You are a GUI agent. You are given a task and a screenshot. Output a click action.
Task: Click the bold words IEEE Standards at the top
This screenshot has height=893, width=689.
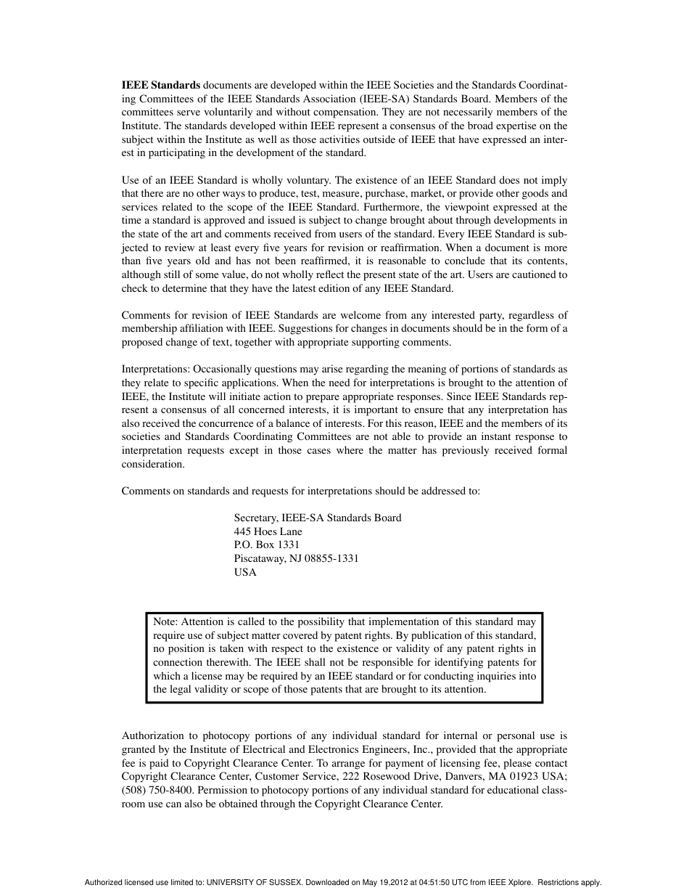pyautogui.click(x=161, y=85)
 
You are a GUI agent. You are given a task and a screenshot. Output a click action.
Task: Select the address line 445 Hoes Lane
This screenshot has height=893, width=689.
pyautogui.click(x=268, y=531)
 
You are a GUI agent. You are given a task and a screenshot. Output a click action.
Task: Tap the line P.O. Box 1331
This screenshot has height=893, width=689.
pyautogui.click(x=266, y=545)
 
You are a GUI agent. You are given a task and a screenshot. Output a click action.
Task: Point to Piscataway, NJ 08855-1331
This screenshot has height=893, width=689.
pyautogui.click(x=296, y=559)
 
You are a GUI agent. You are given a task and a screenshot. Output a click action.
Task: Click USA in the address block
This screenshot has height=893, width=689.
pyautogui.click(x=245, y=572)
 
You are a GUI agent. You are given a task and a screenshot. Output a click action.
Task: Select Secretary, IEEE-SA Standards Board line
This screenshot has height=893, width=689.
pyautogui.click(x=317, y=518)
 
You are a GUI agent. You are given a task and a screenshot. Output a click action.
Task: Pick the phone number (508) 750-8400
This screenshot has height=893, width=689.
pyautogui.click(x=157, y=791)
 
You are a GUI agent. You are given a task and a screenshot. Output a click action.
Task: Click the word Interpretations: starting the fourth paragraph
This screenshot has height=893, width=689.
pyautogui.click(x=156, y=369)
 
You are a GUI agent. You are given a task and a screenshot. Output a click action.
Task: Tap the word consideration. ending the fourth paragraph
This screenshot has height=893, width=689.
pyautogui.click(x=153, y=465)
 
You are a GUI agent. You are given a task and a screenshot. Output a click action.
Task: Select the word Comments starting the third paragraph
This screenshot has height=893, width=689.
pyautogui.click(x=145, y=315)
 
